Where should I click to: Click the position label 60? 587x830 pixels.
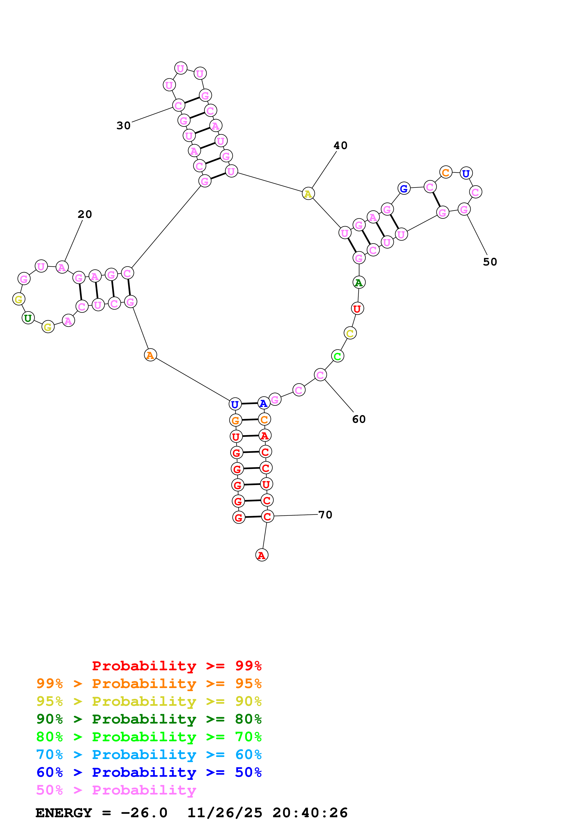coord(358,419)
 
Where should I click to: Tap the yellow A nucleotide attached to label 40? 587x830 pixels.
coord(308,194)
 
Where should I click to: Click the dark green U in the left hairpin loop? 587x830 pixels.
coord(28,318)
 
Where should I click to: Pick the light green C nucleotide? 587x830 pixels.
coord(337,356)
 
